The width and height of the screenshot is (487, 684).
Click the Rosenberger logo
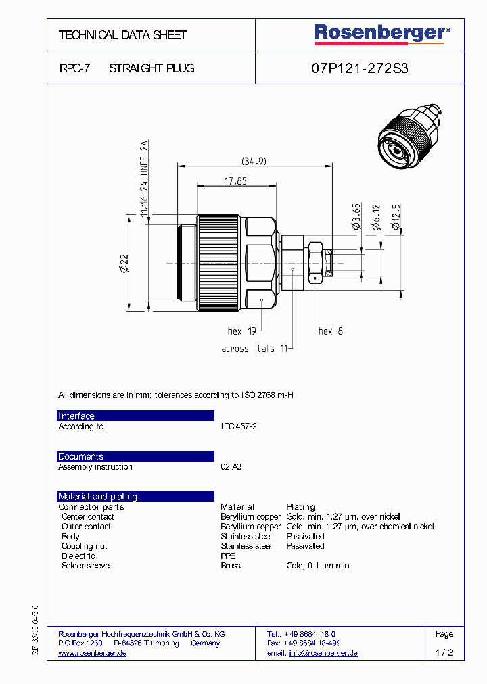pos(381,34)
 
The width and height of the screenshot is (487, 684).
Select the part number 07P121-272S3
pos(360,68)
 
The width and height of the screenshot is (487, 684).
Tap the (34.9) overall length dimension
pos(254,161)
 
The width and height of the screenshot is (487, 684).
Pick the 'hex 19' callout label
pos(241,331)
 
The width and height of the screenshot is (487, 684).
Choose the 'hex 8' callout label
pos(331,331)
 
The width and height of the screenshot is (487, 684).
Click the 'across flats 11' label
pos(255,349)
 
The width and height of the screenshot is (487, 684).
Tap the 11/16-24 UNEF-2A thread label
pos(143,177)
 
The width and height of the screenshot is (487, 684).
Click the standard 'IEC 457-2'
pos(239,426)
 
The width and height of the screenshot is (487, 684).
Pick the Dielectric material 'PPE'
pos(228,556)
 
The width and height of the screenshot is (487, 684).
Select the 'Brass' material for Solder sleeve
pos(231,566)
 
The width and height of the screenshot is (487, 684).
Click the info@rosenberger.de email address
pos(323,653)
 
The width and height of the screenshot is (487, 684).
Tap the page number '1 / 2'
pos(444,653)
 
